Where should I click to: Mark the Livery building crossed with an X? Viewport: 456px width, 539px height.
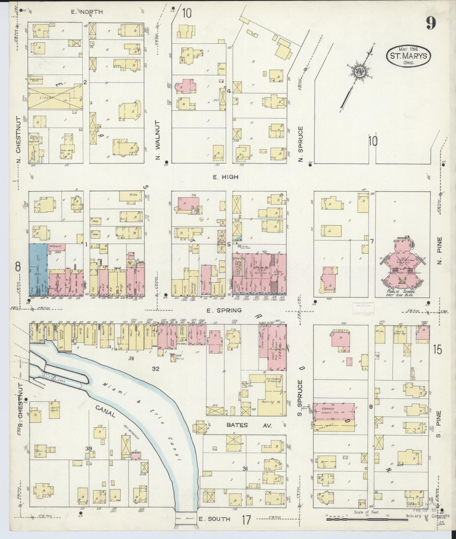55,98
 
